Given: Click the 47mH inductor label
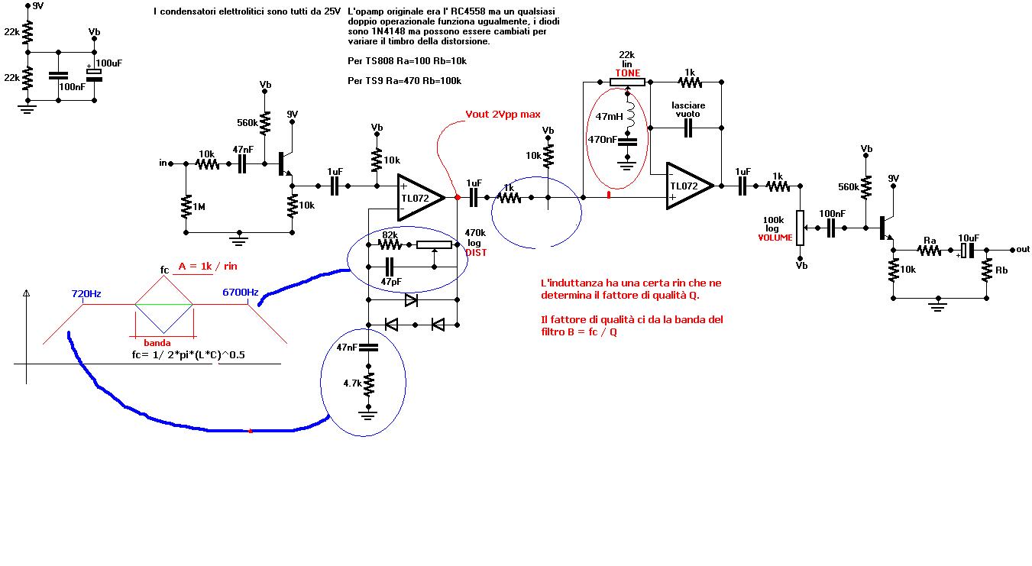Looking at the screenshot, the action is tap(609, 117).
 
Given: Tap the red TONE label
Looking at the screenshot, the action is tap(627, 73).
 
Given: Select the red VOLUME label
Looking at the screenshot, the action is tap(775, 238).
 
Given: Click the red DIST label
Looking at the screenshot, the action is tap(476, 252).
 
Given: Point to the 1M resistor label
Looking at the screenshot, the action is tap(199, 207).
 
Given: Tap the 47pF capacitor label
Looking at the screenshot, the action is tap(391, 281).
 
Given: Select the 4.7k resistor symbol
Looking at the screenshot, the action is tap(368, 384).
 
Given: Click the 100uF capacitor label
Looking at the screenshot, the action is tap(109, 63).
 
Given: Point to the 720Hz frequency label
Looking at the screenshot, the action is tap(86, 294).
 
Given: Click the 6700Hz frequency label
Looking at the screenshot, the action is tap(240, 293).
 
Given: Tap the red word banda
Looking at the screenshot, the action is tap(157, 343).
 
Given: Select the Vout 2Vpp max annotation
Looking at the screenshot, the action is tap(503, 115).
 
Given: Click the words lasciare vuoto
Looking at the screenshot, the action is tap(687, 109).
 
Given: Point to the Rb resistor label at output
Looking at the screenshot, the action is tap(1001, 270).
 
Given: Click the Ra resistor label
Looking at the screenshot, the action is tap(930, 241).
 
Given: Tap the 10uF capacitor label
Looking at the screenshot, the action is tap(969, 238).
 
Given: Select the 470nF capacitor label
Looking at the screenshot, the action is tap(603, 139).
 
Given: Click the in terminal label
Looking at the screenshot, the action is tap(163, 163).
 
